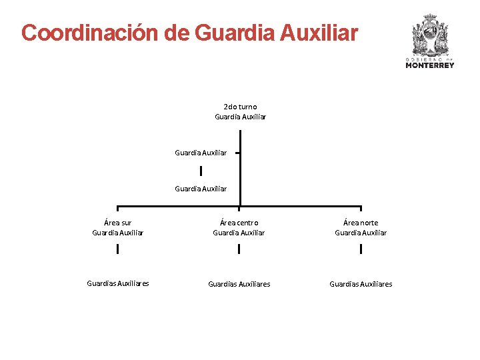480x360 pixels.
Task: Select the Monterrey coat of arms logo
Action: (430, 35)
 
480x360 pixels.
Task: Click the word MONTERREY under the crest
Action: (430, 65)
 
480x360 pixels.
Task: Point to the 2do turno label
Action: (240, 107)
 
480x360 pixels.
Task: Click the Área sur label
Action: (118, 223)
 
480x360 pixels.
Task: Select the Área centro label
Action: (239, 223)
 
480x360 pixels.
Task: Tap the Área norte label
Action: (361, 223)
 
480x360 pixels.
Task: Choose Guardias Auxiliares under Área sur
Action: (118, 283)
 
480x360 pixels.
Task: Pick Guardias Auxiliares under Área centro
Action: (239, 284)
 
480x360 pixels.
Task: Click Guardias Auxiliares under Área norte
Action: (361, 284)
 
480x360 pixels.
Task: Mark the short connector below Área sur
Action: (118, 249)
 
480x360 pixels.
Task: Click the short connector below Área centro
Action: (239, 249)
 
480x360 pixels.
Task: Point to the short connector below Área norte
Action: (361, 249)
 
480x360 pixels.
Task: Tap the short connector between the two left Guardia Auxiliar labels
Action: (201, 171)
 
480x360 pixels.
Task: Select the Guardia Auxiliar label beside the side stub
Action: (201, 153)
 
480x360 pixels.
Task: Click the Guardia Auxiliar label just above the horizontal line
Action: (201, 189)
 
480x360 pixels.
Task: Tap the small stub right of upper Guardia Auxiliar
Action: (237, 153)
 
